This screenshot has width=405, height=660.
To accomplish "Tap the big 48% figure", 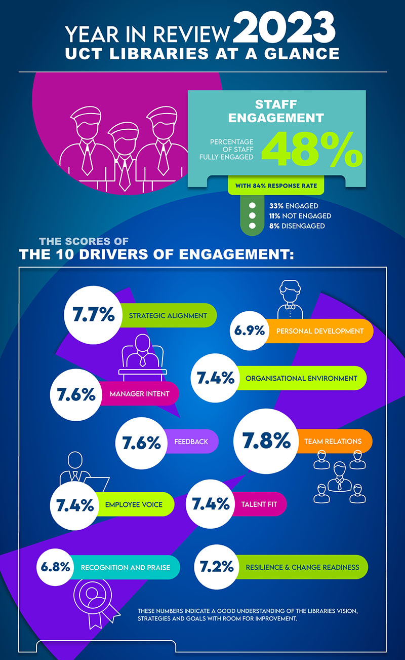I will click(312, 150).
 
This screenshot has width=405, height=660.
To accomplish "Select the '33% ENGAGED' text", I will click(294, 206).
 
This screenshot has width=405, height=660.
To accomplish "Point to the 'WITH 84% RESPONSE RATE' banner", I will click(276, 186).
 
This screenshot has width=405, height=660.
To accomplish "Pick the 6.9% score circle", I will click(249, 331).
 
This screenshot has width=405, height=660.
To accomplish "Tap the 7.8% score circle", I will click(267, 441).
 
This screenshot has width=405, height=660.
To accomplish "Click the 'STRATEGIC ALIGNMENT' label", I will click(168, 315).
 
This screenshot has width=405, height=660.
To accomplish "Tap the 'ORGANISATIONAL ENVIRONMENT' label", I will click(301, 378).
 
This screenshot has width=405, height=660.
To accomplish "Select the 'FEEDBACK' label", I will click(191, 442).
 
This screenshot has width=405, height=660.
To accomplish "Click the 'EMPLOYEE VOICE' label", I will click(134, 504).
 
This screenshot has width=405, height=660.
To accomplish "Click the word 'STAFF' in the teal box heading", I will click(276, 105).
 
